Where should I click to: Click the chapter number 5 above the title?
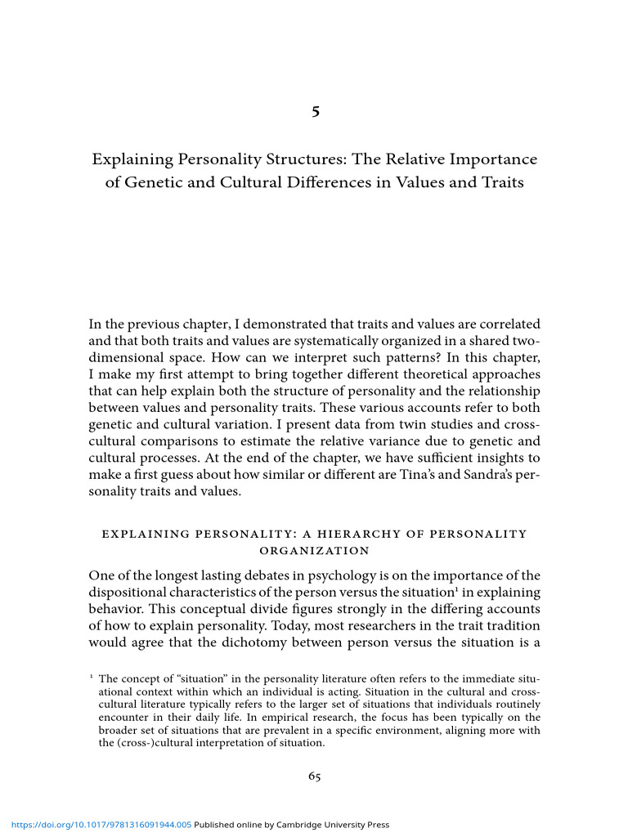(315, 112)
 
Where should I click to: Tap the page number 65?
(314, 777)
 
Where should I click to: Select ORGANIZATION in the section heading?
(314, 550)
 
